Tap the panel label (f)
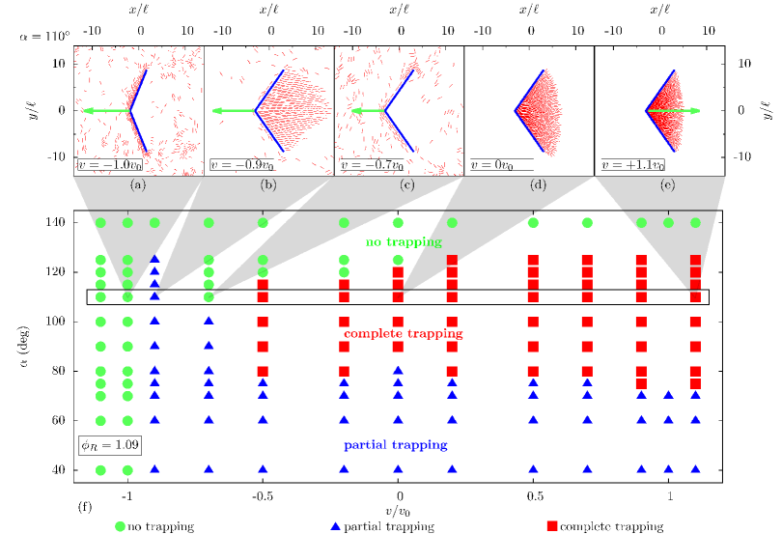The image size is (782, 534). point(86,505)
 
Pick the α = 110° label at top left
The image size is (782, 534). point(44,37)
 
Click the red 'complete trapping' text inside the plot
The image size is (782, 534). point(404,333)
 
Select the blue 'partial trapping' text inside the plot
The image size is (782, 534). point(396,445)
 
